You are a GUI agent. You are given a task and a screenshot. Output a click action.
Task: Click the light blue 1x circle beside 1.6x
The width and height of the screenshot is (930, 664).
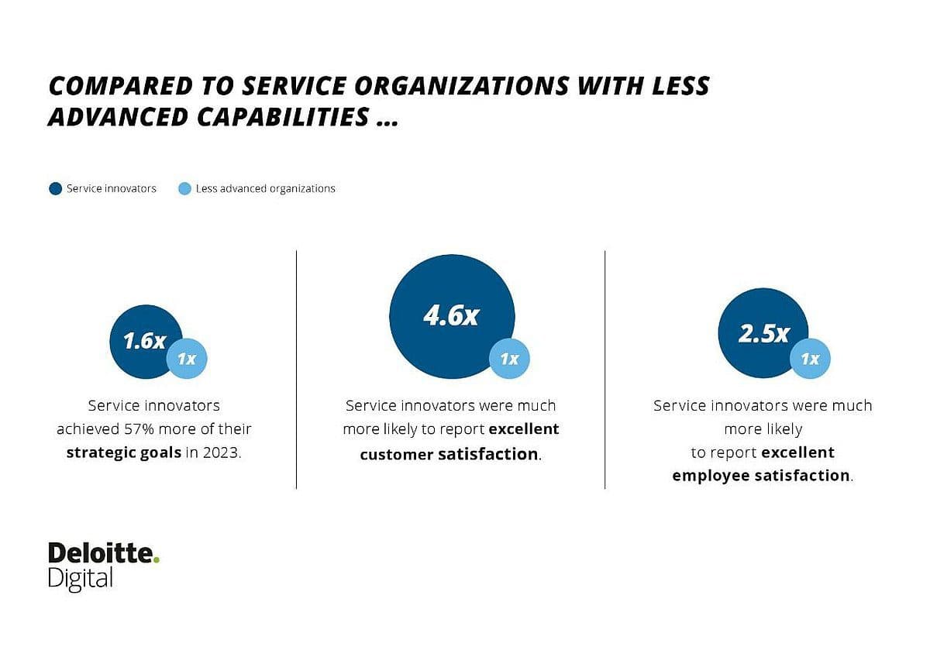click(x=187, y=359)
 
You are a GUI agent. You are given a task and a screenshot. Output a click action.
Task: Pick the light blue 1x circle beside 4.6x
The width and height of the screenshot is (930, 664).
click(x=509, y=359)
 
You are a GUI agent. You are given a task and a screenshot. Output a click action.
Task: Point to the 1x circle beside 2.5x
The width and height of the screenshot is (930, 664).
click(x=810, y=359)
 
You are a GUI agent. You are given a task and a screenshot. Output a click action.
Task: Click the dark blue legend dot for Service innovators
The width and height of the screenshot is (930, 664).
click(x=55, y=188)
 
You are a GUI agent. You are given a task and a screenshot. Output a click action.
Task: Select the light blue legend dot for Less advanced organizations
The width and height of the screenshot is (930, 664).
click(x=184, y=188)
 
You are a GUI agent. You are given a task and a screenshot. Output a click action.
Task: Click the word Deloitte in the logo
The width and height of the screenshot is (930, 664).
click(x=99, y=553)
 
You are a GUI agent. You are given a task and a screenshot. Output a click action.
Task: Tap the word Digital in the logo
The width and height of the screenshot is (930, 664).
click(x=81, y=578)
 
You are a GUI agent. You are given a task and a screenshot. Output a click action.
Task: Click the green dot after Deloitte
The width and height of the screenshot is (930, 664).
click(x=156, y=559)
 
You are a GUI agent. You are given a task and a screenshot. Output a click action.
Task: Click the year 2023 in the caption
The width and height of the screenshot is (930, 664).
click(x=222, y=453)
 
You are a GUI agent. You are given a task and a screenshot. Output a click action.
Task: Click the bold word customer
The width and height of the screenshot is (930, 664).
click(x=395, y=455)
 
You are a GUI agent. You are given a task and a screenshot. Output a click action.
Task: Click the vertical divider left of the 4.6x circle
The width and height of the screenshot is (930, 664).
click(x=296, y=370)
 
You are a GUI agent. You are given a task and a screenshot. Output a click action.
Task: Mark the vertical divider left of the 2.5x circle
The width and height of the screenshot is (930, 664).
click(x=604, y=370)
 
